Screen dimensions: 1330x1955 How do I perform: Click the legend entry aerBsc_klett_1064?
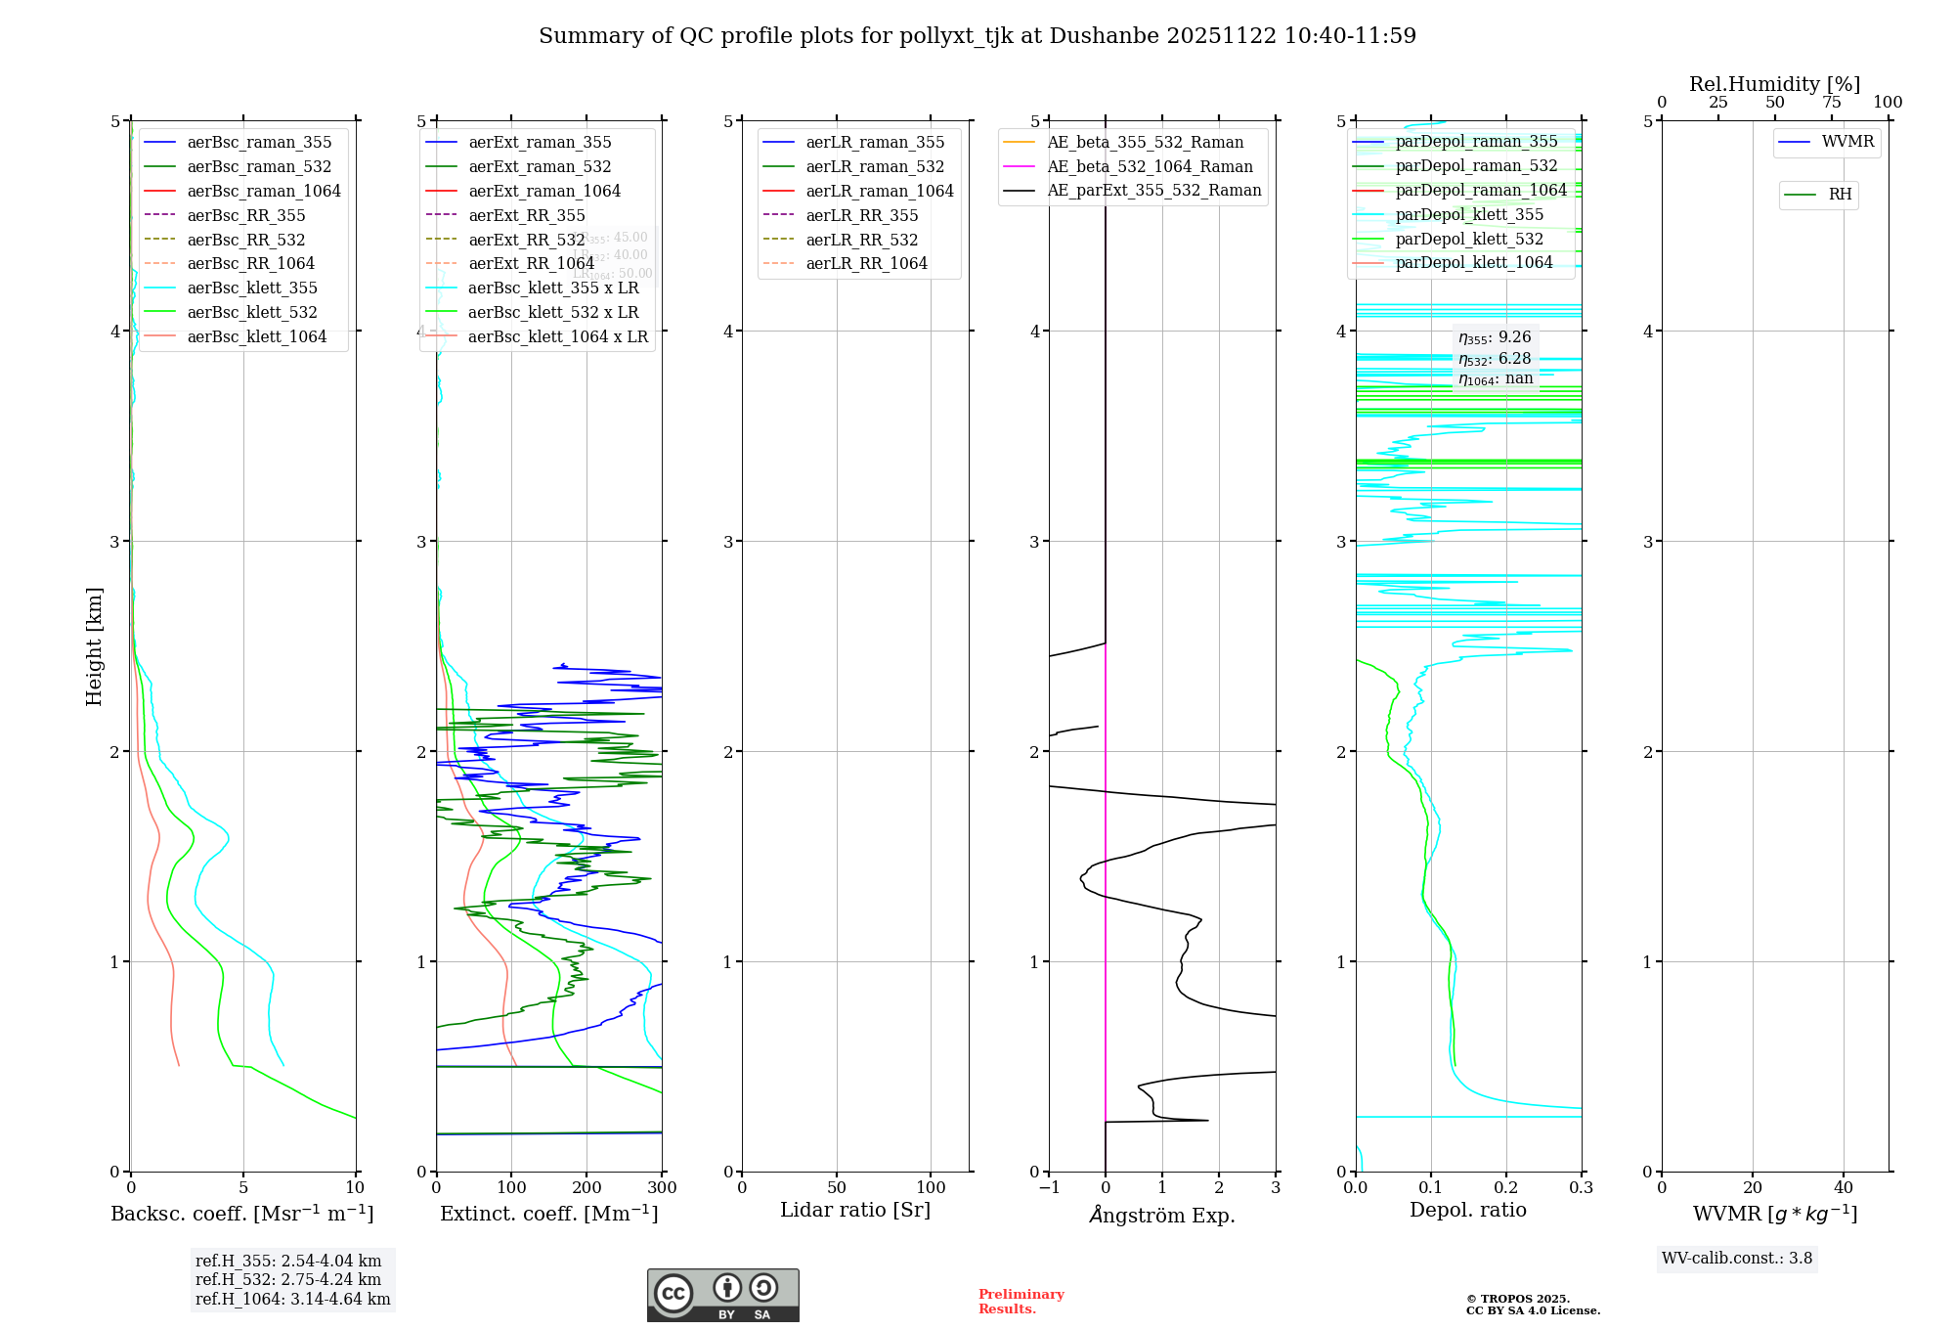click(256, 336)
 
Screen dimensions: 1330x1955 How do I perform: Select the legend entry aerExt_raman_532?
click(540, 166)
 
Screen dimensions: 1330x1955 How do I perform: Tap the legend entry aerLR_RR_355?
click(861, 215)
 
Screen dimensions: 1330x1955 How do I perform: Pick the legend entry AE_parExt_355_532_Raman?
click(1153, 190)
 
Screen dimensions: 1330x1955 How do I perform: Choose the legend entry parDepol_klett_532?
click(1468, 239)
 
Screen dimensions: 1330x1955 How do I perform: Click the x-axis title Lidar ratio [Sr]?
click(855, 1210)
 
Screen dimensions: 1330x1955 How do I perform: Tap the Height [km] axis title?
click(94, 645)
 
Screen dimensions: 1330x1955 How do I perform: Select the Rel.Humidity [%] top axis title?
click(1774, 84)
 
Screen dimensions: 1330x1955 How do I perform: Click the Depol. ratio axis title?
click(1467, 1210)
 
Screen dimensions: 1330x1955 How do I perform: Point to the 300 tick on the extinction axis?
click(662, 1187)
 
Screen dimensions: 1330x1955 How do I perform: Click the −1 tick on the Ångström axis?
click(1049, 1187)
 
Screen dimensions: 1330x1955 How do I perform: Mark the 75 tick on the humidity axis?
click(1831, 102)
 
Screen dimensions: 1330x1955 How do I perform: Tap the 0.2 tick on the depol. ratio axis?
click(1506, 1187)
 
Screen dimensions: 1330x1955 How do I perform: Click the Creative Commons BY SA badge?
click(722, 1295)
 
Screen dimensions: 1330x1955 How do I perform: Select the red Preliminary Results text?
click(1021, 1301)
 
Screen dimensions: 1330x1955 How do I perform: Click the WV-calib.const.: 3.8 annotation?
click(1736, 1259)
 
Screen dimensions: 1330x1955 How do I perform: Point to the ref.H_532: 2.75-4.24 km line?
click(287, 1279)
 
